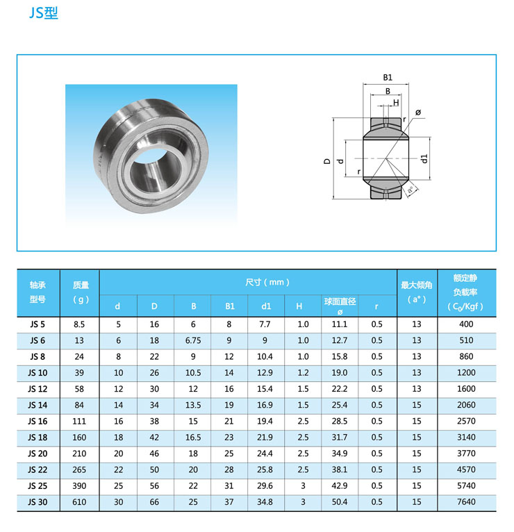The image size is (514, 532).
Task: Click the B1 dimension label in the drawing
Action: coord(388,77)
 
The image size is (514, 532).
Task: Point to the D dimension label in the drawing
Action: coord(327,161)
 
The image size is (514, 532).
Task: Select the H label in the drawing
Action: coord(396,103)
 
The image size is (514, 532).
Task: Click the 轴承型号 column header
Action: coord(38,292)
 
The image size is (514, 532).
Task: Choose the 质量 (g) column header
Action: coord(81,292)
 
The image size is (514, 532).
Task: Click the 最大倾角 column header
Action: coord(417,292)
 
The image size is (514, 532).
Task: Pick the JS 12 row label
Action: coord(38,389)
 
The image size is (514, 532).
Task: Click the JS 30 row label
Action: coord(38,502)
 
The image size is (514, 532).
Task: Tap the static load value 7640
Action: coord(466,502)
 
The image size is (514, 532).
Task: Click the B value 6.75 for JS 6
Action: coord(193,340)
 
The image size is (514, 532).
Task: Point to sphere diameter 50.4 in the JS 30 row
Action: coord(340,502)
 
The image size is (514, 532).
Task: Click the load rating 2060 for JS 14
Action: coord(466,405)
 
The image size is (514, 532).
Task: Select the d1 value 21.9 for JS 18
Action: coord(266,438)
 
